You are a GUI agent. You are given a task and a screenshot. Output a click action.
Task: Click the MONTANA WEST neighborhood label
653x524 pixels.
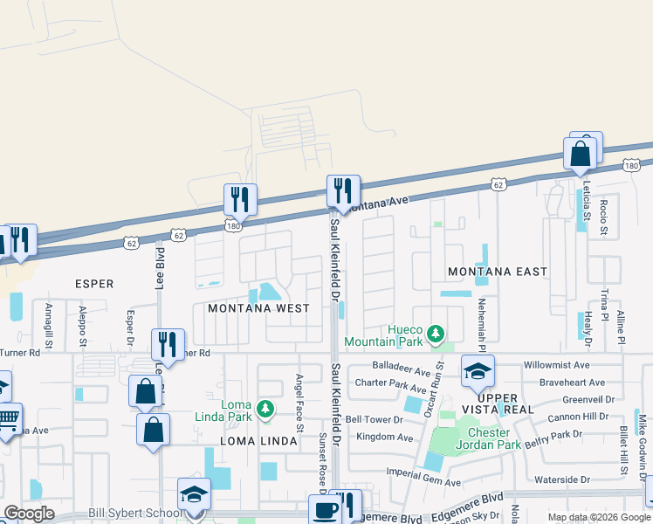tap(258, 308)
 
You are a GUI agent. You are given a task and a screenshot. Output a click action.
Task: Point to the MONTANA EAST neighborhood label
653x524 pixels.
tap(498, 272)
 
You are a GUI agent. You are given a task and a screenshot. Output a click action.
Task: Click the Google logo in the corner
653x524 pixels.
tap(29, 514)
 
